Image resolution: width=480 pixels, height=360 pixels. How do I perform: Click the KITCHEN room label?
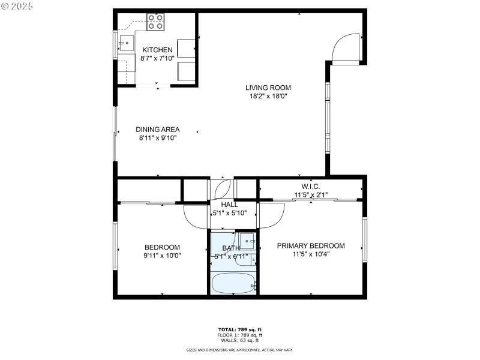click(157, 50)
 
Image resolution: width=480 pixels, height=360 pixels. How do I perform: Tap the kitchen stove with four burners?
click(155, 22)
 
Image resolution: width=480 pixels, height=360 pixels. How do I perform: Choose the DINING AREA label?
click(157, 129)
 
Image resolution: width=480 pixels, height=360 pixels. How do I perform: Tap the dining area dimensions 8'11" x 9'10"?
click(157, 137)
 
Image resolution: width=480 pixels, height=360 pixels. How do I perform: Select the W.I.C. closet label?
click(310, 186)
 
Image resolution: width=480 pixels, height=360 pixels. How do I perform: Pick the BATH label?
click(231, 248)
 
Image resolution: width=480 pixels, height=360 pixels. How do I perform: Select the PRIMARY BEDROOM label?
click(310, 245)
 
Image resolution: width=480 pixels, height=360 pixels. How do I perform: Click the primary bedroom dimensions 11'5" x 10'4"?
click(310, 254)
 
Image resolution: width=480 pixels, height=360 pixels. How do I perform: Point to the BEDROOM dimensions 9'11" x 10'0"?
click(162, 255)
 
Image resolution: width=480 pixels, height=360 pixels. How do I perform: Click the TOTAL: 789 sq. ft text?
click(239, 329)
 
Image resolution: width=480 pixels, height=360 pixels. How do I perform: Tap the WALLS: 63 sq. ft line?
click(239, 340)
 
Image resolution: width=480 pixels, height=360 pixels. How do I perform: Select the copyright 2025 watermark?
click(17, 5)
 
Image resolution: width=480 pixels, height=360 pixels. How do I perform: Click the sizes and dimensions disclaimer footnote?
click(239, 350)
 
